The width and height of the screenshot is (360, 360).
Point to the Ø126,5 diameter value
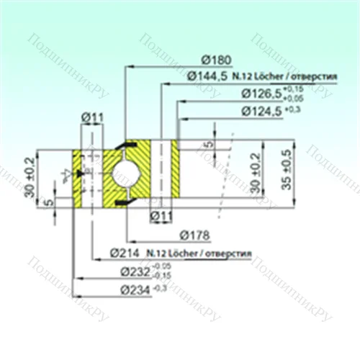click(x=262, y=93)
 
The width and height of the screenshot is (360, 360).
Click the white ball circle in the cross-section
click(x=128, y=173)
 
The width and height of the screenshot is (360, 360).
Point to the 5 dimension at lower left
click(x=48, y=201)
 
